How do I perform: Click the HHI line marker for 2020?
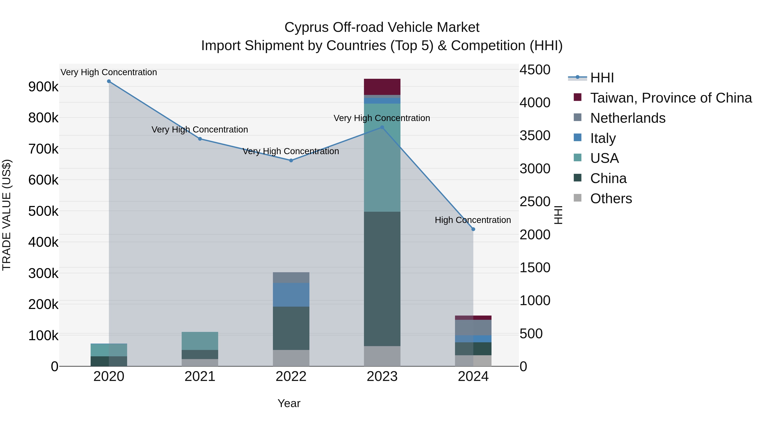tap(109, 81)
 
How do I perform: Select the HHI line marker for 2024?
tap(473, 229)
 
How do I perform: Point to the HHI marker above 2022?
tap(291, 161)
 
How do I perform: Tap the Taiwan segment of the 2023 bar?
tap(382, 87)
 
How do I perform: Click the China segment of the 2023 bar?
tap(382, 279)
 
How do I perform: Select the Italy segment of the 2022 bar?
tap(291, 295)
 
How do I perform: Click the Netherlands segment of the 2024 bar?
tap(473, 328)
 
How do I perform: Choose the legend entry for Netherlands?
tap(628, 118)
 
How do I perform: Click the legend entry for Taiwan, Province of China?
tap(671, 98)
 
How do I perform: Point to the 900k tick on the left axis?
tap(43, 87)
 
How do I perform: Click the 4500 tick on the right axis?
tap(535, 70)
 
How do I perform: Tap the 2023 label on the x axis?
tap(382, 376)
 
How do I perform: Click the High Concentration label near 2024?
tap(473, 220)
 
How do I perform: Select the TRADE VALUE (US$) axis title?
tap(7, 215)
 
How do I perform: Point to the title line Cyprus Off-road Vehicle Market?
tap(382, 27)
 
